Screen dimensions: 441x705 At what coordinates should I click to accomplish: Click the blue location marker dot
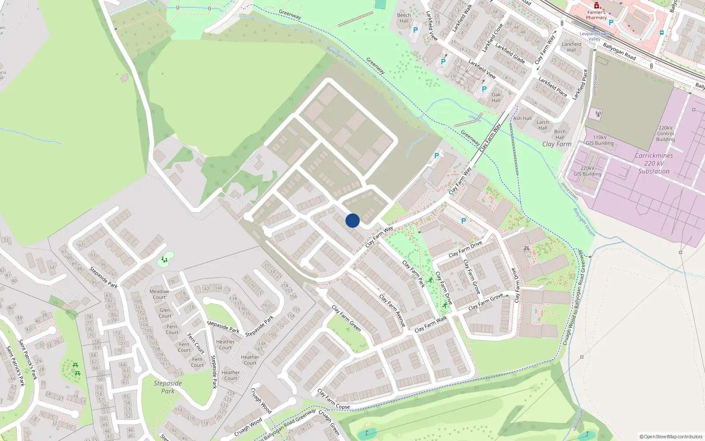tap(352, 220)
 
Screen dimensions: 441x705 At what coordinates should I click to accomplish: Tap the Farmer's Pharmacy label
tap(596, 15)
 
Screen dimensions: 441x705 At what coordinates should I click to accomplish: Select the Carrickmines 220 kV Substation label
tap(654, 163)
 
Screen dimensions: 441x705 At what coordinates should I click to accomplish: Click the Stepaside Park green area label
tap(167, 387)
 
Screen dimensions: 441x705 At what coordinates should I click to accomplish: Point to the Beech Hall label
tap(404, 18)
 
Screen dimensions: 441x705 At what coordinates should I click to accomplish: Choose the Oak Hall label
tap(496, 97)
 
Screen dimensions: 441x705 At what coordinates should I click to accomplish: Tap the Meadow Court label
tap(159, 294)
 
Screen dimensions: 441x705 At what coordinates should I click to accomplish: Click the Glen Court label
tap(165, 313)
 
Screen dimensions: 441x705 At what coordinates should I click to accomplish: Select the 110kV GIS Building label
tap(600, 140)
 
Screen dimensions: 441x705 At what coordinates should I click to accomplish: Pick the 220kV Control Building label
tap(665, 134)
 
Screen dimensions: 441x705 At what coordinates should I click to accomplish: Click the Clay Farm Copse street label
tap(334, 399)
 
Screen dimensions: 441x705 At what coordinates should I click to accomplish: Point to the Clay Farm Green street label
tap(346, 318)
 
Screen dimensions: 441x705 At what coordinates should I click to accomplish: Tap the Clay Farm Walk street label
tap(430, 324)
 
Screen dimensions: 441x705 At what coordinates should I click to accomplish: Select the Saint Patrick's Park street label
tap(28, 359)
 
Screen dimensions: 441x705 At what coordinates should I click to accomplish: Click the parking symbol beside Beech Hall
tap(415, 30)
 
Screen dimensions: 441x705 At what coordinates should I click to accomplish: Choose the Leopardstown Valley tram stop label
tap(594, 36)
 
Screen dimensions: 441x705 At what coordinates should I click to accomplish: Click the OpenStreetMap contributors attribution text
tap(671, 437)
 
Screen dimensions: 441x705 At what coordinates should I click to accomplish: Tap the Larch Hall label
tap(543, 125)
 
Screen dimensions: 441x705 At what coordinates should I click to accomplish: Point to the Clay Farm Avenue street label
tap(393, 311)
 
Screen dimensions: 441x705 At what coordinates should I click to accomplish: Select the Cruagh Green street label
tap(329, 422)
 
